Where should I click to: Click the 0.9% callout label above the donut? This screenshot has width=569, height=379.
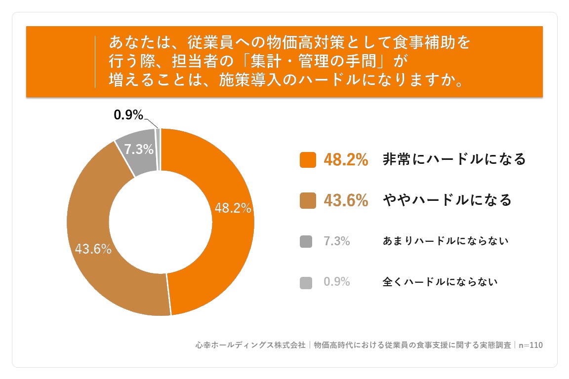(128, 115)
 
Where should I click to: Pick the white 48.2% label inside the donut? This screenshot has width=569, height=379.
(233, 208)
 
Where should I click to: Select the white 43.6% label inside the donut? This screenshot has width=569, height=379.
(93, 249)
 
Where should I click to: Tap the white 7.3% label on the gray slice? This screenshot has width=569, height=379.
(139, 149)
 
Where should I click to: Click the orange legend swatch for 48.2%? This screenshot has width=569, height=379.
(308, 160)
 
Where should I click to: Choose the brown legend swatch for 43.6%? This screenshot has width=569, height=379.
(308, 200)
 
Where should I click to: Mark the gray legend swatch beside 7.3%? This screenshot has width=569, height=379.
(306, 241)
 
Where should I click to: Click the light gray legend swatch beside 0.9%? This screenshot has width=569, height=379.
(306, 283)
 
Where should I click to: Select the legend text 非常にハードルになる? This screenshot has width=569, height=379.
(454, 159)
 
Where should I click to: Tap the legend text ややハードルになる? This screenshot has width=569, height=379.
(447, 200)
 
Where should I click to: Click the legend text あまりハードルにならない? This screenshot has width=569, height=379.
(445, 241)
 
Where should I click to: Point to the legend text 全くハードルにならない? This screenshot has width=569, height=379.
(440, 282)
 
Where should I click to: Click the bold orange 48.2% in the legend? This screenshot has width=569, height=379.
(346, 159)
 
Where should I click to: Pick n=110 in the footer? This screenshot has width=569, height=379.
(530, 345)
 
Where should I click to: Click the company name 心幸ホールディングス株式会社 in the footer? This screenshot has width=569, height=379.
(251, 345)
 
